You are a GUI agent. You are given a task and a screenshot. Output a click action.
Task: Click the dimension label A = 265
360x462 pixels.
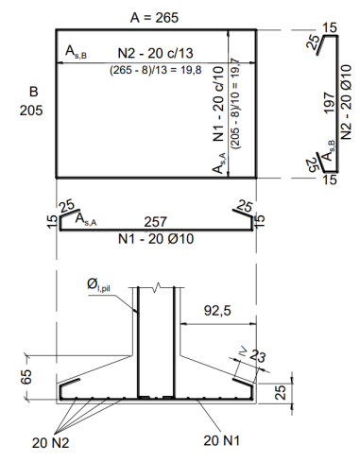(154, 18)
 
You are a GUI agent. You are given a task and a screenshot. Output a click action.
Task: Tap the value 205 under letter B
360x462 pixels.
(31, 111)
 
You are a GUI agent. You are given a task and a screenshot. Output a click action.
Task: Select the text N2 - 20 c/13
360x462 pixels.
(155, 53)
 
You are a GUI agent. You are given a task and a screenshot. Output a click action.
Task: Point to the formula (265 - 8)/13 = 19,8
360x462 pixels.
(156, 70)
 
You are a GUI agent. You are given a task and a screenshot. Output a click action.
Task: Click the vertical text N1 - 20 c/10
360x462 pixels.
(218, 104)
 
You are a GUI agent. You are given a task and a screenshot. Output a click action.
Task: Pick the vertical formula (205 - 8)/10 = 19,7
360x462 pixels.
(235, 103)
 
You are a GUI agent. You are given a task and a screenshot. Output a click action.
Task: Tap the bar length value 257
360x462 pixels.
(156, 222)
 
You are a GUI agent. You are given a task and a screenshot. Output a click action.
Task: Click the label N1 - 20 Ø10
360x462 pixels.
(156, 239)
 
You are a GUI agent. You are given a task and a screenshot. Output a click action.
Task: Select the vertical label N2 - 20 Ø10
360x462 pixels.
(346, 102)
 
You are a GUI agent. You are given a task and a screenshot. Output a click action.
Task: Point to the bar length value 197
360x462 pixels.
(329, 103)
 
